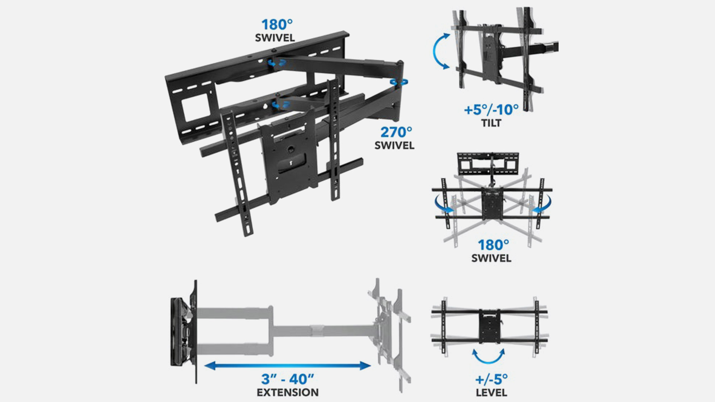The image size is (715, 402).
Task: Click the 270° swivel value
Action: [x=396, y=132]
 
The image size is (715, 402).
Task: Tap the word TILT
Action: [x=491, y=123]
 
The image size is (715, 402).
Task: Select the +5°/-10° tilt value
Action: [x=491, y=110]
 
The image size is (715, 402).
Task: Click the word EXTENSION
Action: [x=287, y=392]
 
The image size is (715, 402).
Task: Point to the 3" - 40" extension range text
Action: [x=287, y=379]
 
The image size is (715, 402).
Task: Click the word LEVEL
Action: [x=491, y=392]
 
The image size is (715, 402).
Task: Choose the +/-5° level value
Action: [x=491, y=379]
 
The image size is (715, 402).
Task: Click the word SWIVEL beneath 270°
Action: [x=394, y=145]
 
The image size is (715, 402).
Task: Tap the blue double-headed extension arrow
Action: [x=287, y=366]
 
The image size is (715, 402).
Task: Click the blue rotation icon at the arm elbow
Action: [x=399, y=82]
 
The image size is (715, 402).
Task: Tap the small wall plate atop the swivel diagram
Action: [x=488, y=163]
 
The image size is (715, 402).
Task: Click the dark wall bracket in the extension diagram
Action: [x=184, y=332]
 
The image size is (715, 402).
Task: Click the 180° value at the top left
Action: [x=277, y=25]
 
